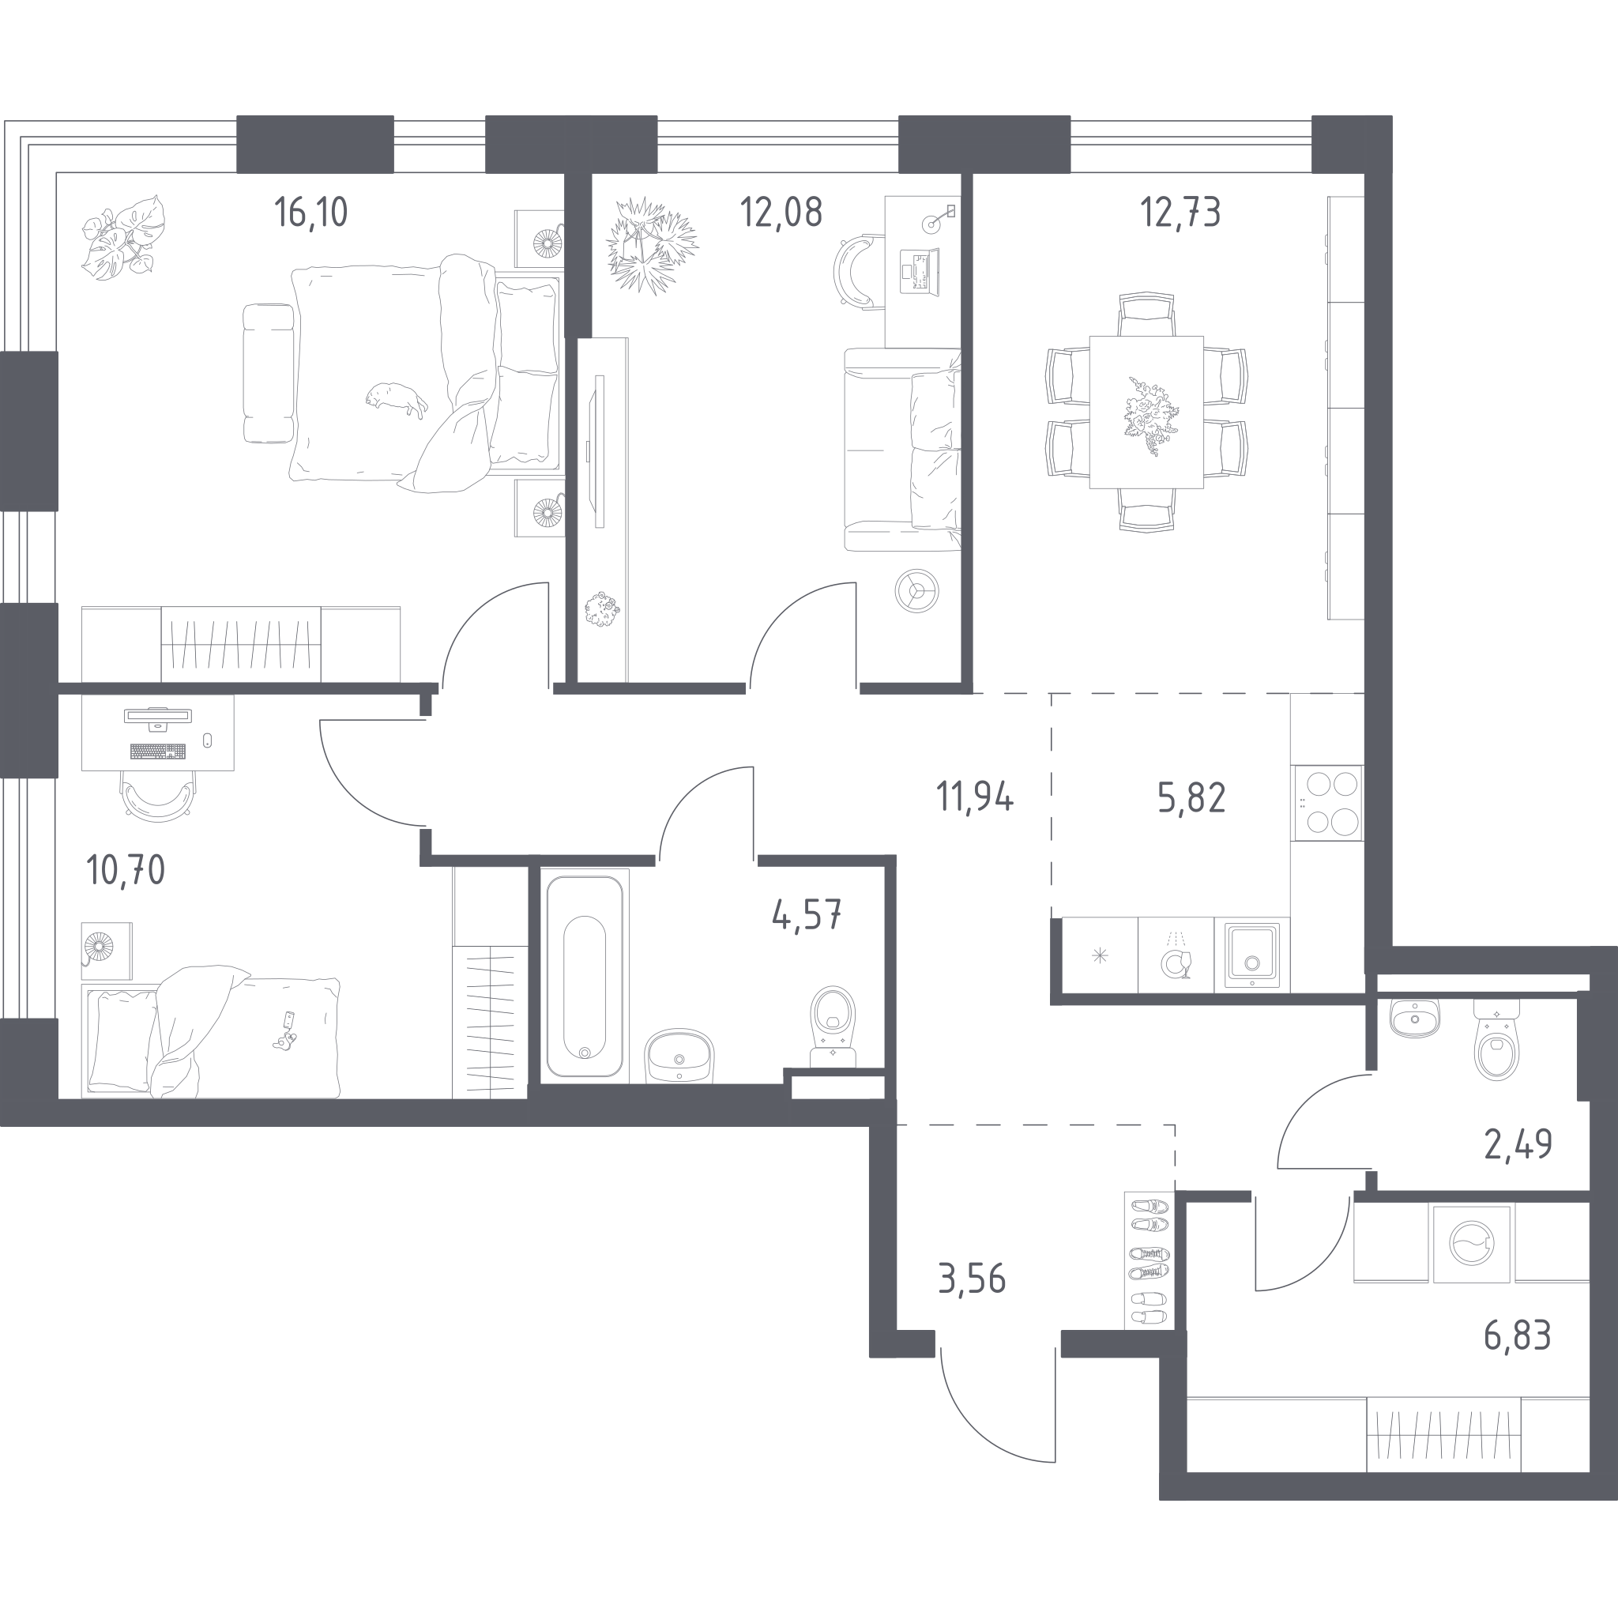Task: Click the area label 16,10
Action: pyautogui.click(x=310, y=213)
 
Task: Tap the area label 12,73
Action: pyautogui.click(x=1180, y=213)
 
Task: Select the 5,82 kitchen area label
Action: pyautogui.click(x=1191, y=798)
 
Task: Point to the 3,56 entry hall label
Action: pyautogui.click(x=972, y=1279)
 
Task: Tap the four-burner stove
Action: pyautogui.click(x=1327, y=803)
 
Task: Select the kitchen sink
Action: pyautogui.click(x=1252, y=954)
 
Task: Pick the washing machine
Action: pyautogui.click(x=1471, y=1244)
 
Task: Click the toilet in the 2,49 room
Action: pyautogui.click(x=1497, y=1039)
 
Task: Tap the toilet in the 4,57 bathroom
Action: pyautogui.click(x=833, y=1027)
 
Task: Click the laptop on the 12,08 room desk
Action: pyautogui.click(x=918, y=270)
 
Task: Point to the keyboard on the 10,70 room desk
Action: pyautogui.click(x=157, y=751)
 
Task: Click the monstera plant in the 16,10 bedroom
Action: pyautogui.click(x=123, y=237)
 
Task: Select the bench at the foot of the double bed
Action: pyautogui.click(x=269, y=373)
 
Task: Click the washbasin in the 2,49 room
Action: pyautogui.click(x=1414, y=1018)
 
